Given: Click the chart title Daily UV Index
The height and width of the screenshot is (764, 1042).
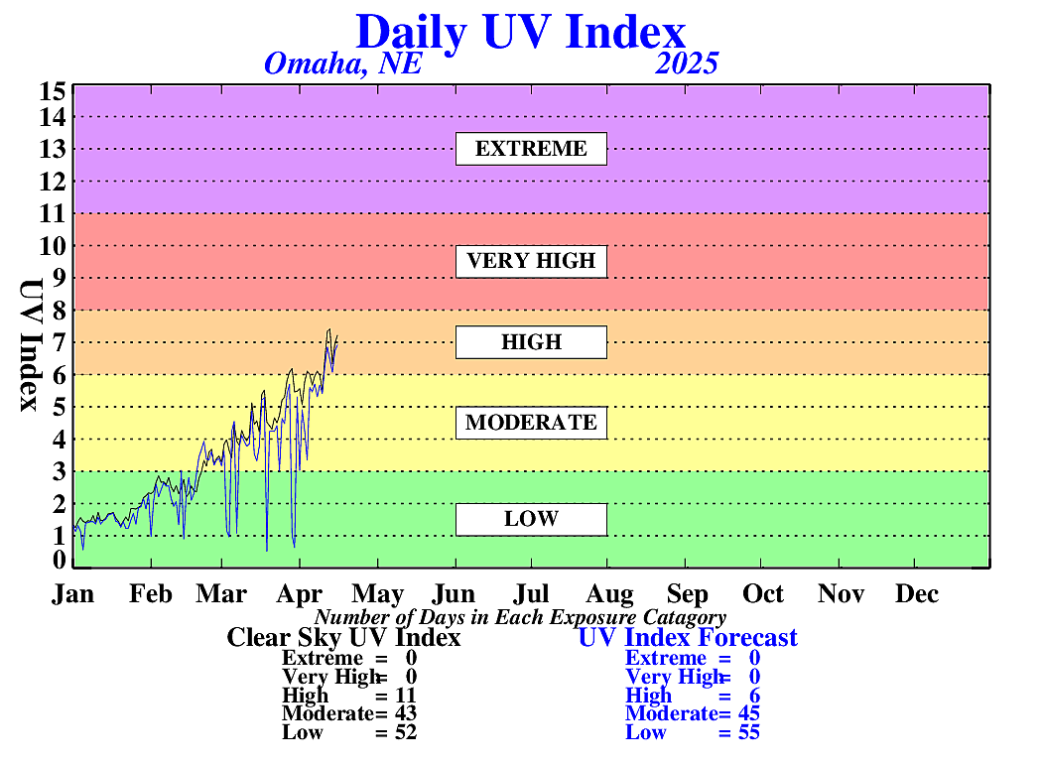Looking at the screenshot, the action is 520,31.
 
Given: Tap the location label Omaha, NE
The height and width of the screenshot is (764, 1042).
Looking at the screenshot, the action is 343,64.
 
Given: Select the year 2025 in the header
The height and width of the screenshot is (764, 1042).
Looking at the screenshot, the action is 687,64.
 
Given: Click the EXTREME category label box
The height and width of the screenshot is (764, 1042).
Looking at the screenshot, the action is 531,149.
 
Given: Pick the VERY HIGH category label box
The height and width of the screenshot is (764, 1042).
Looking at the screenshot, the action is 531,261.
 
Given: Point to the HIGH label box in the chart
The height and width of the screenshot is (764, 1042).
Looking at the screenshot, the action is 531,342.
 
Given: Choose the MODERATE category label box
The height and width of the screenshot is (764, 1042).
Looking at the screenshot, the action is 531,423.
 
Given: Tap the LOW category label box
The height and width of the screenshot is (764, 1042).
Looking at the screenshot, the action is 531,519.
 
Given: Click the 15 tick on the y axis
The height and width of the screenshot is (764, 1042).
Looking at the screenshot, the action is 53,91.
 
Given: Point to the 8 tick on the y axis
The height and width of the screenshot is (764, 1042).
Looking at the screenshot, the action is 60,311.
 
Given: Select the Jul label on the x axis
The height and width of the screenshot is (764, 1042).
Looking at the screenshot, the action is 532,594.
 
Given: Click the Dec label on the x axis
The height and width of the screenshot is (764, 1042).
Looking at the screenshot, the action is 916,594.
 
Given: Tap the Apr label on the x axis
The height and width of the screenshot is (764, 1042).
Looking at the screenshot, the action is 300,594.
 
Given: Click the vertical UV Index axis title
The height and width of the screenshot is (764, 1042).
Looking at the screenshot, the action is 30,345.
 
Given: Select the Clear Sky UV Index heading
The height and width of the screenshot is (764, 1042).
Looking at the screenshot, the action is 343,637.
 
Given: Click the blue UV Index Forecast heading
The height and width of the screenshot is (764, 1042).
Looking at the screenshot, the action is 688,637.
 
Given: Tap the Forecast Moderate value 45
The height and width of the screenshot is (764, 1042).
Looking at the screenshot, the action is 748,713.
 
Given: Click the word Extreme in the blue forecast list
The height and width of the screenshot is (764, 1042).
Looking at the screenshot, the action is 666,658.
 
